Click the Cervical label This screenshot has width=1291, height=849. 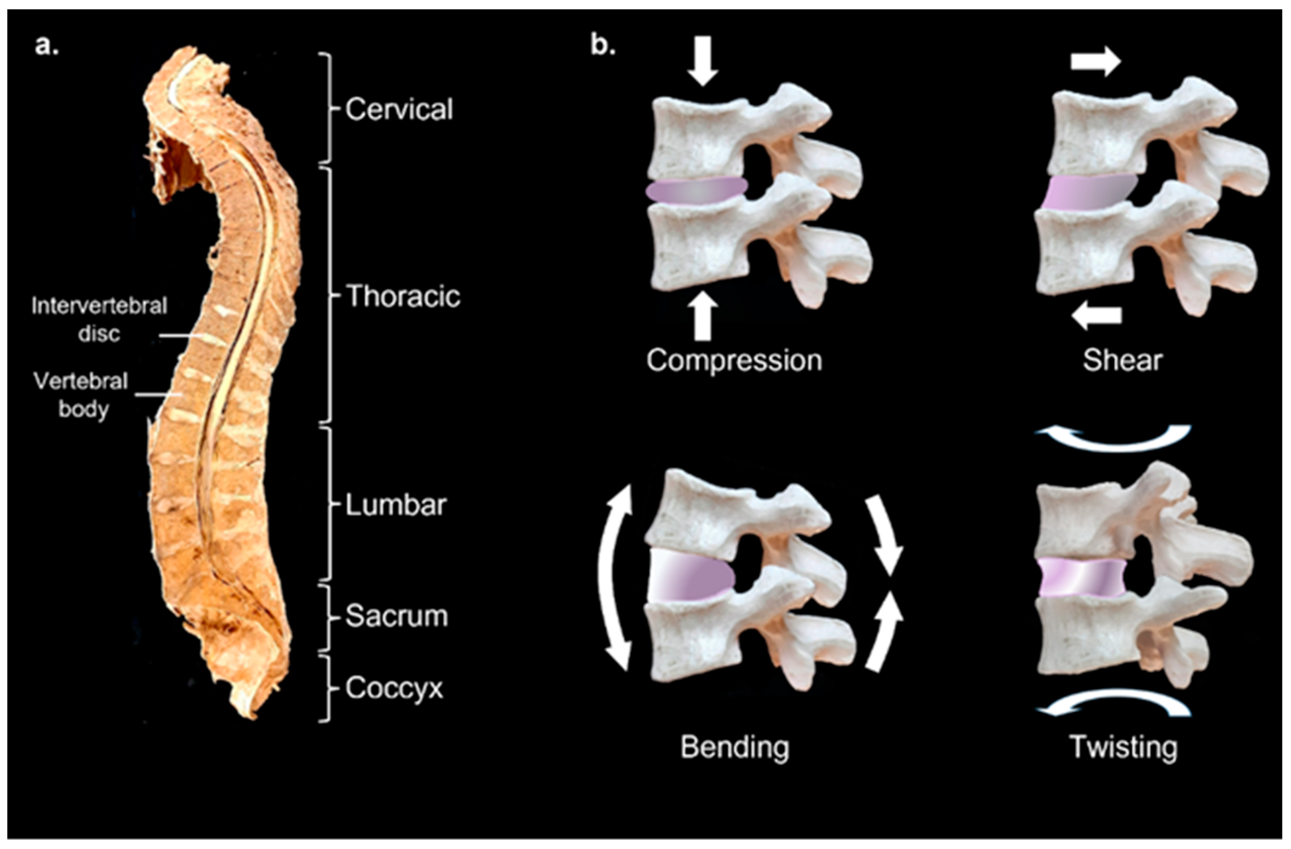coord(399,109)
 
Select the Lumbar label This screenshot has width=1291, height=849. coord(396,505)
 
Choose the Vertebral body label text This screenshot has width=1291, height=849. coord(81,395)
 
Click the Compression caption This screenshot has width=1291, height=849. coord(734,360)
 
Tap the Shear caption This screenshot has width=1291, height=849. coord(1122,360)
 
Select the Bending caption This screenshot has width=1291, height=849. coord(734,747)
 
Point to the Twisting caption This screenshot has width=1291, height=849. coord(1123,747)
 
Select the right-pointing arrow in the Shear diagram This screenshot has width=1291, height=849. coord(1094,63)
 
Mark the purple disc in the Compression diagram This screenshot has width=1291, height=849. coord(696,191)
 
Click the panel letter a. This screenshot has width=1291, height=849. coord(46,46)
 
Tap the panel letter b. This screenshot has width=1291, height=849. coord(603,46)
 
